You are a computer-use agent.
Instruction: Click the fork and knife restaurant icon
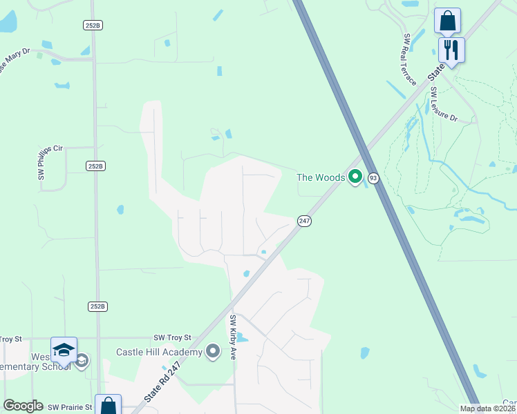pos(451,50)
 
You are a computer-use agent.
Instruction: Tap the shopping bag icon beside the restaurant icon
pos(447,21)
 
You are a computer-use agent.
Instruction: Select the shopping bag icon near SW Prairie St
pos(109,406)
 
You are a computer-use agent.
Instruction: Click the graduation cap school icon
pos(64,349)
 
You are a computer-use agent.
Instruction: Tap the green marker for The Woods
pos(355,177)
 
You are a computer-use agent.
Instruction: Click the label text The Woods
pos(321,177)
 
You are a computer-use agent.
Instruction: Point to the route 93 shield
pos(373,178)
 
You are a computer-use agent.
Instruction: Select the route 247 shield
pos(304,221)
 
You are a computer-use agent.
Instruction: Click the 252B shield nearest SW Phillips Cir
pos(95,166)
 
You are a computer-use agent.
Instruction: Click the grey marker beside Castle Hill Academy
pos(214,353)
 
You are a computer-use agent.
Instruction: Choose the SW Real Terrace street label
pos(408,59)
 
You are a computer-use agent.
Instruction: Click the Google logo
pos(23,406)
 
